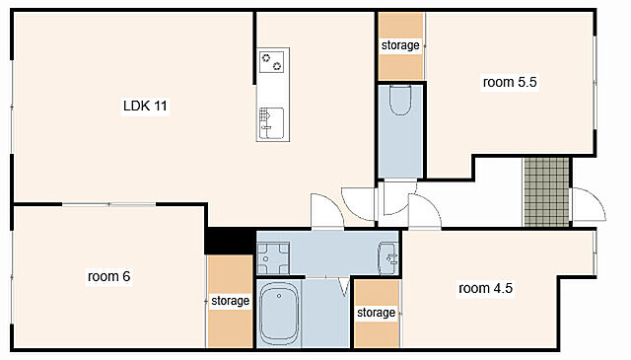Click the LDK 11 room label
[145, 106]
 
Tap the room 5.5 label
[510, 82]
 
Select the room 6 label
[108, 276]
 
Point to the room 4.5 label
[485, 288]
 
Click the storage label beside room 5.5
[400, 45]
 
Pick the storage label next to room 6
[230, 301]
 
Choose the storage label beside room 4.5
[377, 313]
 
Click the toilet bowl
[400, 100]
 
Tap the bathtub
[278, 314]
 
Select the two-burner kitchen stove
[272, 61]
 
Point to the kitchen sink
[272, 123]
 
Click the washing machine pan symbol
[273, 258]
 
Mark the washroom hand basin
[387, 258]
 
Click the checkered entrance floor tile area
[546, 191]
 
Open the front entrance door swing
[589, 204]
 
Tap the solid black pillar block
[230, 241]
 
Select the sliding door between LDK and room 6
[108, 204]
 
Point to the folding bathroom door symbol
[344, 286]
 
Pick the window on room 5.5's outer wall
[595, 83]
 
